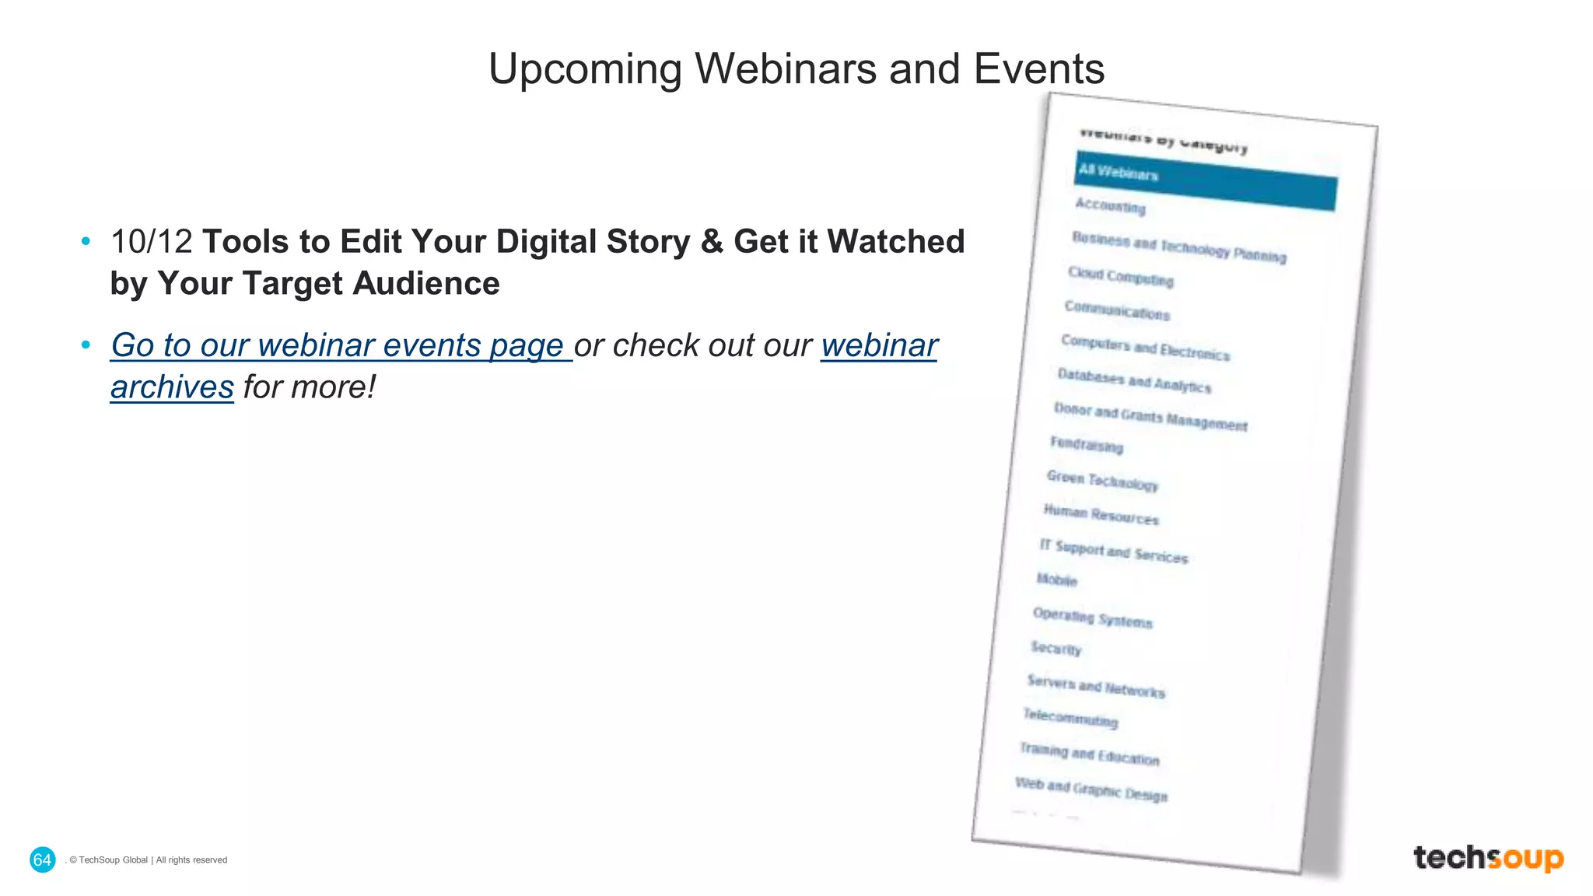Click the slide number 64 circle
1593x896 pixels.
click(x=42, y=859)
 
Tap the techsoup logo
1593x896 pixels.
click(x=1488, y=858)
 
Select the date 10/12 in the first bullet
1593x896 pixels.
click(x=151, y=242)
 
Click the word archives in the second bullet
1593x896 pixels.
click(x=172, y=387)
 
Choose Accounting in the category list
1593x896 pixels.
click(x=1110, y=206)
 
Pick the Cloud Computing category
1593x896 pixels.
click(x=1120, y=276)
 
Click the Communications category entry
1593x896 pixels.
click(x=1117, y=310)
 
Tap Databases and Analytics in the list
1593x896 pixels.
click(x=1134, y=380)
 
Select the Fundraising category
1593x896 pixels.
click(x=1087, y=444)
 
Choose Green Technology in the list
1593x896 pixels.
click(x=1102, y=480)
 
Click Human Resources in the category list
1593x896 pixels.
click(x=1101, y=514)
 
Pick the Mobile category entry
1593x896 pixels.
click(x=1056, y=579)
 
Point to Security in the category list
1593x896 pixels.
click(x=1056, y=648)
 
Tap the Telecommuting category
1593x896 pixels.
click(x=1070, y=717)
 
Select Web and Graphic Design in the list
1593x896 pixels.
click(x=1091, y=789)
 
